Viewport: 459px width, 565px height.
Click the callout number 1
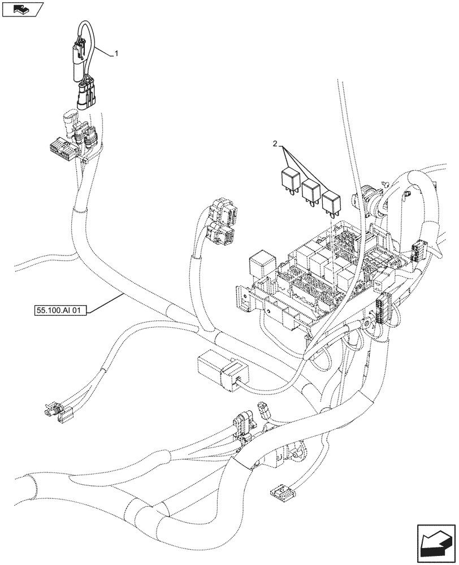point(116,54)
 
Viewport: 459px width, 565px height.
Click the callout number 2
point(275,145)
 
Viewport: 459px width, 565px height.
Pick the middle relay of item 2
point(311,190)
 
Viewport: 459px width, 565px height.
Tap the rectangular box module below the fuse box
point(218,371)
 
